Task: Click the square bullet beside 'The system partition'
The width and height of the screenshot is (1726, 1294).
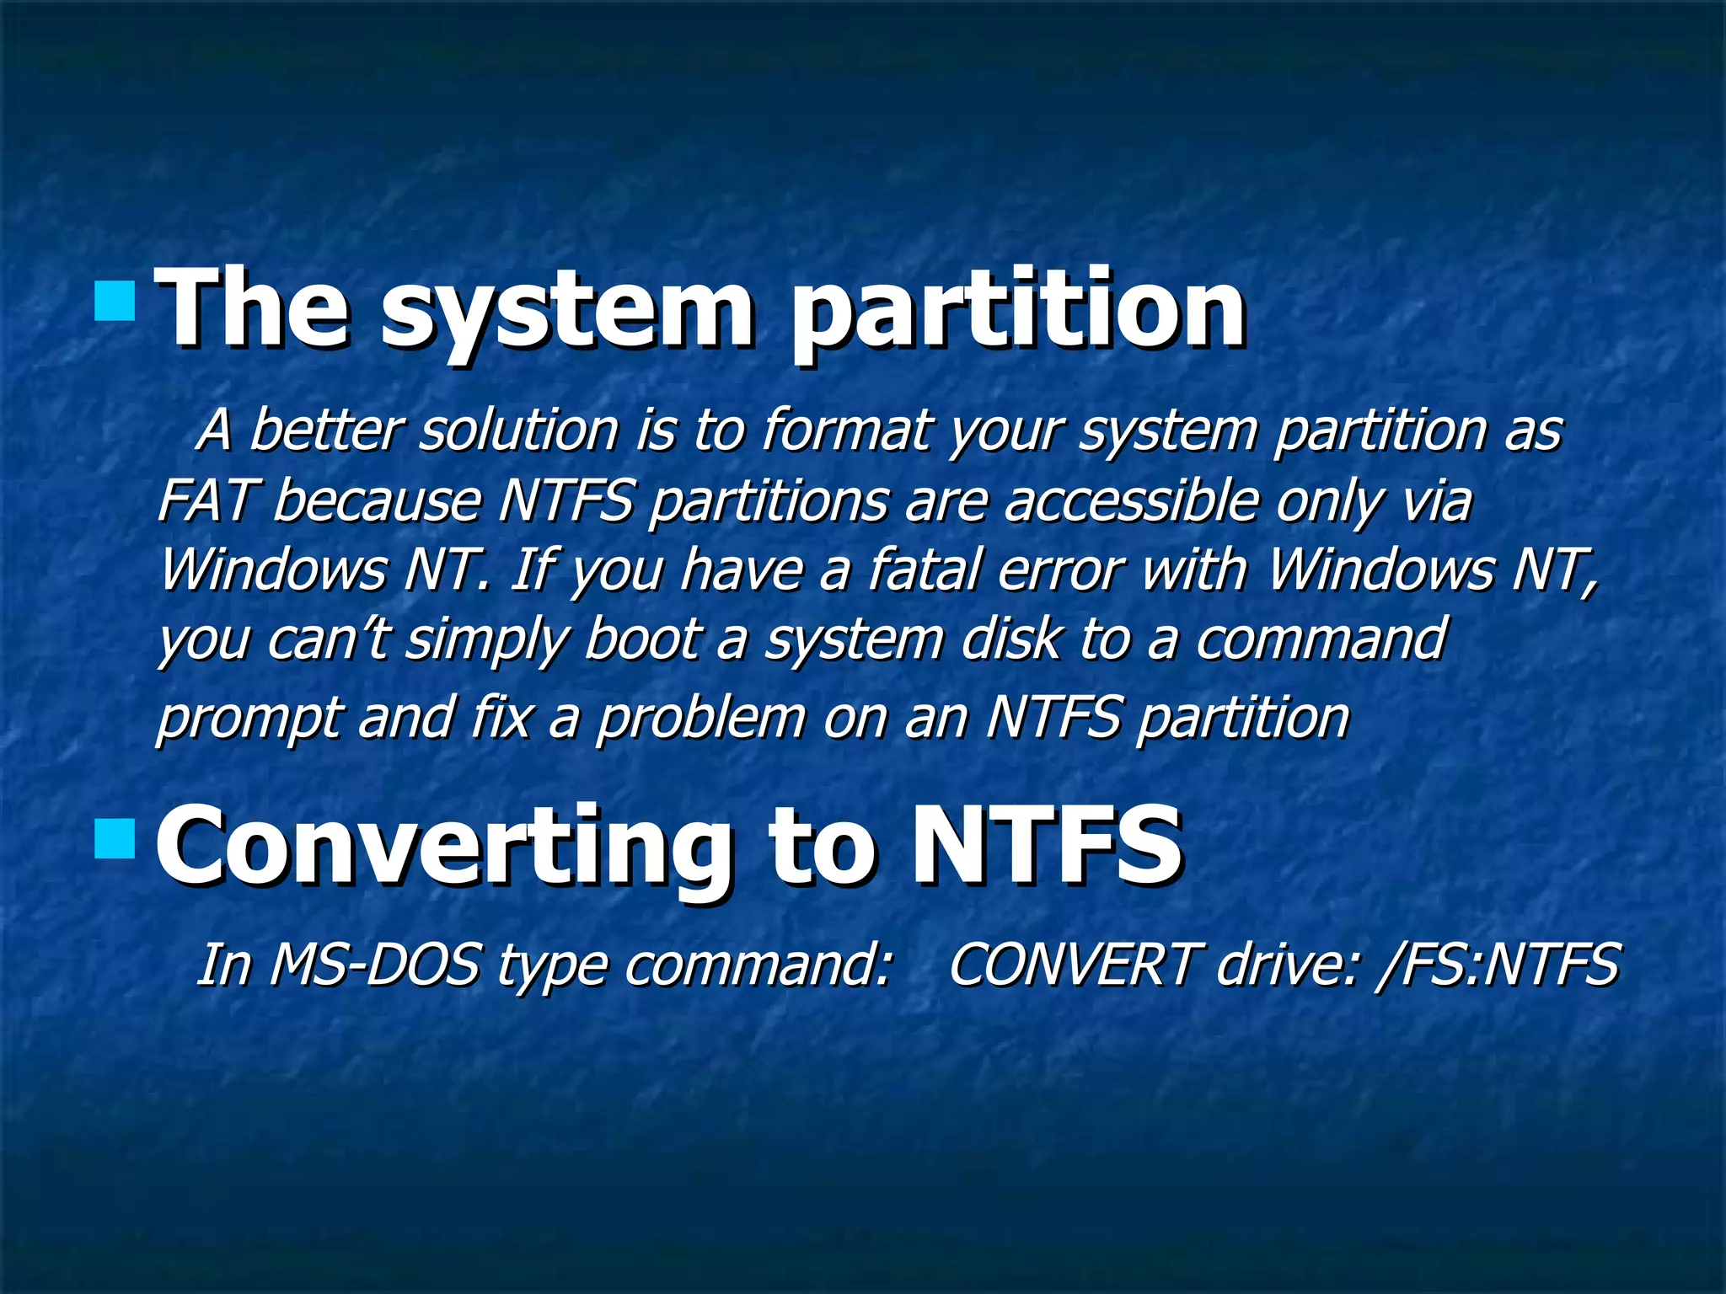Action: [x=115, y=302]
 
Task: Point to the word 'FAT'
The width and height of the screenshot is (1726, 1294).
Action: [x=205, y=500]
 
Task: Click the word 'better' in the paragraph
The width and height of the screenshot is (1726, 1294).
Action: [x=324, y=430]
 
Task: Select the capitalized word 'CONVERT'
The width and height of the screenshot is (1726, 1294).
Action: [x=1071, y=965]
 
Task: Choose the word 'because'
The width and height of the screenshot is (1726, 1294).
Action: [x=377, y=500]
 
